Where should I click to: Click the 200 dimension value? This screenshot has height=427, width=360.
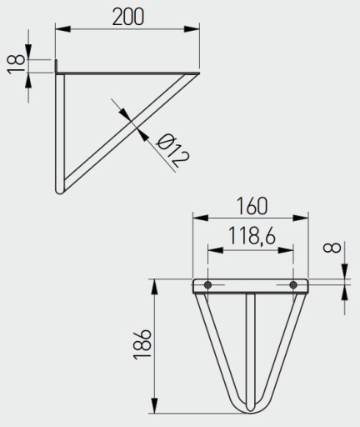[x=128, y=17]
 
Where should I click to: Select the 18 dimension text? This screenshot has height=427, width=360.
[x=16, y=64]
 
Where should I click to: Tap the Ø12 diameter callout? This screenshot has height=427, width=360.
[x=172, y=150]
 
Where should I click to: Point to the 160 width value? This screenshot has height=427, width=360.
[x=252, y=206]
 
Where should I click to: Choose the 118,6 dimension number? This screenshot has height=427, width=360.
[x=252, y=235]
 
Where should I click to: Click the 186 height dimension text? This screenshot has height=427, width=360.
[x=142, y=344]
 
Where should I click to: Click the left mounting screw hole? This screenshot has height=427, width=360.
[x=207, y=284]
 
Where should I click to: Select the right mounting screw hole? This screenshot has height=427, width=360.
[x=293, y=284]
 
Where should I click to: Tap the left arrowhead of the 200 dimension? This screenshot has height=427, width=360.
[x=62, y=28]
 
